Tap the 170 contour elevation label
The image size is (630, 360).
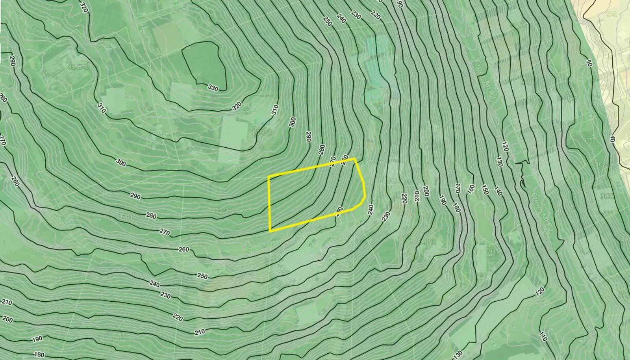pyautogui.click(x=458, y=187)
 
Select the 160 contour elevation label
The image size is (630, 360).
pyautogui.click(x=471, y=189)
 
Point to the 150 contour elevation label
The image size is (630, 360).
pyautogui.click(x=485, y=189)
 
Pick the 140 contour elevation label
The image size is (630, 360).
pyautogui.click(x=498, y=191)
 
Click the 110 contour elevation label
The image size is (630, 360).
pyautogui.click(x=543, y=336)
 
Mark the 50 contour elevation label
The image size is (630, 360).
pyautogui.click(x=589, y=63)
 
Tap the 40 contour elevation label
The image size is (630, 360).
pyautogui.click(x=611, y=139)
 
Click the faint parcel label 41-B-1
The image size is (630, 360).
pyautogui.click(x=78, y=67)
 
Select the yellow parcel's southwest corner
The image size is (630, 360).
pyautogui.click(x=270, y=231)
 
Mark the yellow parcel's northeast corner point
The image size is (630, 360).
pyautogui.click(x=355, y=159)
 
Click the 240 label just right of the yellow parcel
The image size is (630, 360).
pyautogui.click(x=370, y=210)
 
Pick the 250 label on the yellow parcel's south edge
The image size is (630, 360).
pyautogui.click(x=339, y=211)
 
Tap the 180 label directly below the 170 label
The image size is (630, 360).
pyautogui.click(x=456, y=208)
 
